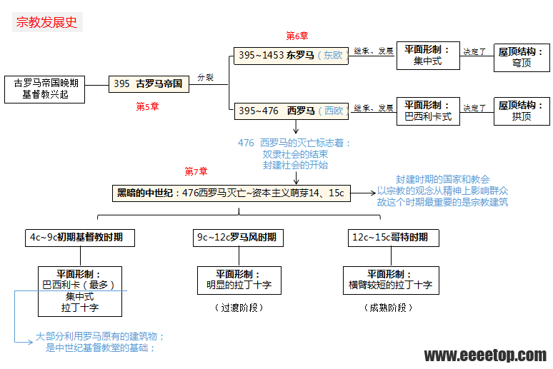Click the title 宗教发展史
[x=47, y=22]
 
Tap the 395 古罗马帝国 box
[x=149, y=84]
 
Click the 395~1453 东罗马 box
[x=291, y=55]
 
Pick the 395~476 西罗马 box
[x=291, y=111]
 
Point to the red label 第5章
[x=147, y=106]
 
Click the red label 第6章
[x=297, y=36]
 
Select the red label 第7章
[x=196, y=171]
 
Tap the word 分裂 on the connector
[x=206, y=77]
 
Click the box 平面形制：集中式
[x=428, y=55]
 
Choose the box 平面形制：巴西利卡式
[x=428, y=111]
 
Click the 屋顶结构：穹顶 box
[x=522, y=57]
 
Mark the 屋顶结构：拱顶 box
[x=522, y=111]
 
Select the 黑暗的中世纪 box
[x=231, y=193]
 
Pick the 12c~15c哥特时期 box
[x=390, y=237]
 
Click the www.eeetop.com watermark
[x=485, y=355]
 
